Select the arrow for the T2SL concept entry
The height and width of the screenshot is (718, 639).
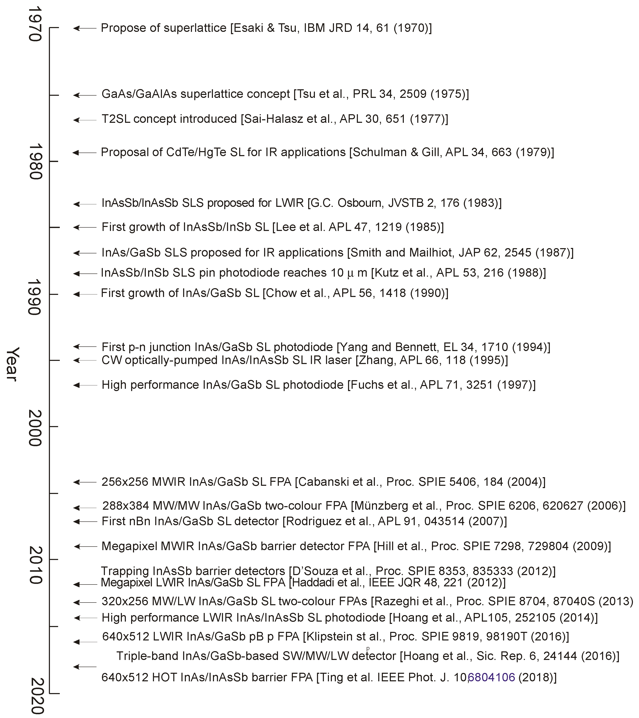coord(84,120)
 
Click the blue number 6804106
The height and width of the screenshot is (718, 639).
coord(492,677)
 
